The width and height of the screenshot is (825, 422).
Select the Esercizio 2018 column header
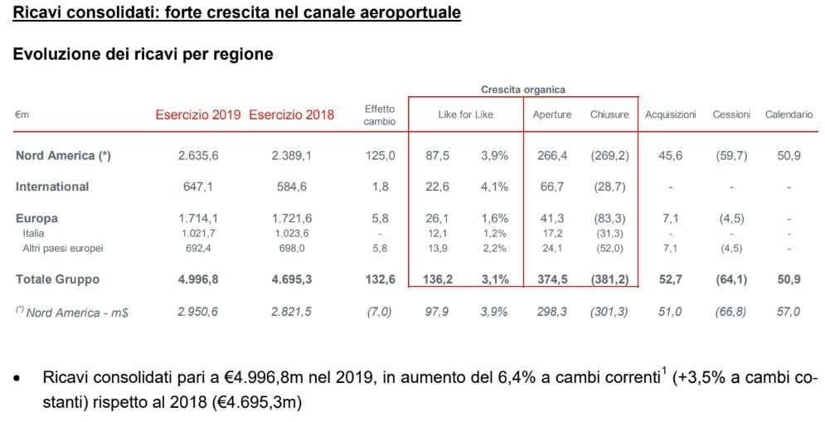pos(292,114)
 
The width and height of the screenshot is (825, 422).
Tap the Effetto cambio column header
pos(380,114)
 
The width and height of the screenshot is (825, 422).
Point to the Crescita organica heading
pos(523,90)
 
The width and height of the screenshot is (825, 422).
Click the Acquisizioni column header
pos(671,114)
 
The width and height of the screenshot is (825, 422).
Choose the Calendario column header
pos(789,114)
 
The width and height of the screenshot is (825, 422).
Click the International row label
pos(52,187)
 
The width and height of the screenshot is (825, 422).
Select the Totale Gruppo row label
pos(57,279)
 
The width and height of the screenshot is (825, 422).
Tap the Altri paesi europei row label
pos(63,248)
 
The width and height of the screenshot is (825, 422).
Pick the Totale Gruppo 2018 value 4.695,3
pos(292,279)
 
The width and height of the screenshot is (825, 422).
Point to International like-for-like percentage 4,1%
pos(494,187)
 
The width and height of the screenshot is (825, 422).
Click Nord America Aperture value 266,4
pos(551,155)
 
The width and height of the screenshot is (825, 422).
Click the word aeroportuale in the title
pos(405,14)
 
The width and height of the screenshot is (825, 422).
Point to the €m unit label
pos(22,115)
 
